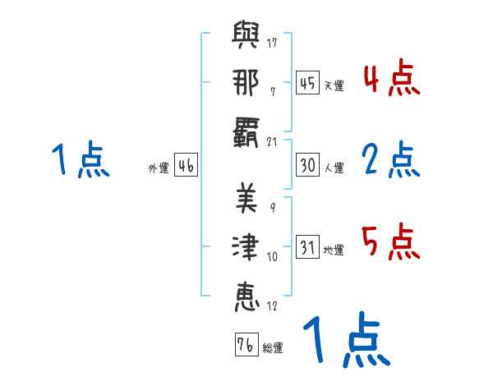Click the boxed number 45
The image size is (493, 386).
click(x=307, y=82)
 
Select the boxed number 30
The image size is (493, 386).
click(x=307, y=164)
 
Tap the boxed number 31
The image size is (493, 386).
click(x=307, y=246)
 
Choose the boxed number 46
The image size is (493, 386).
click(x=186, y=165)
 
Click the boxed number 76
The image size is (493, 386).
click(x=245, y=344)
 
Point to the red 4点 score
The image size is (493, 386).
click(x=391, y=80)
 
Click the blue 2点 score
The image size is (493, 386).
click(x=391, y=160)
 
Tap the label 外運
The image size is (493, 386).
click(x=159, y=168)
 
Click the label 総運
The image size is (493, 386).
click(x=273, y=348)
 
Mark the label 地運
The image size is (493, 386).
click(x=334, y=250)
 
